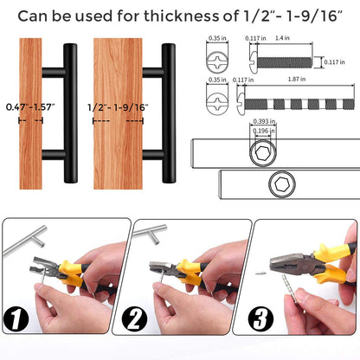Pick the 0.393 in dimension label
coord(260,122)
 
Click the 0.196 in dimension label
coord(260,132)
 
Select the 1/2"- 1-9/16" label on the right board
coord(118,106)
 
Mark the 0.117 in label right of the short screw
coord(344,61)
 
